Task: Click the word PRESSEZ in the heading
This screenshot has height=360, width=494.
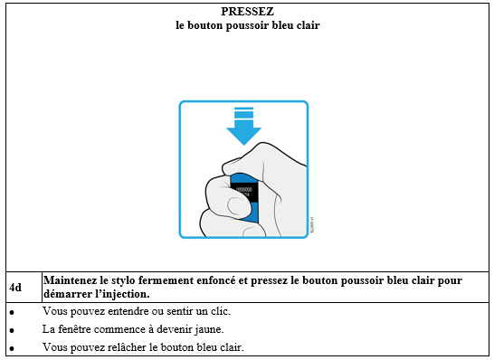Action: point(247,12)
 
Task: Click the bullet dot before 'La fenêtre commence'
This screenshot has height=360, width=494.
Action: point(12,330)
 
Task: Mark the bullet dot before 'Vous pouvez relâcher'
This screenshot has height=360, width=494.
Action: point(12,348)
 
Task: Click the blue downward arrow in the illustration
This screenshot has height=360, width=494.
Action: point(244,127)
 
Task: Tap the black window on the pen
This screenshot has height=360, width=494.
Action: point(245,193)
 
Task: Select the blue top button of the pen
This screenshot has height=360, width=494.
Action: point(243,178)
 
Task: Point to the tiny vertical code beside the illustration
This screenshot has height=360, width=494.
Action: point(312,224)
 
